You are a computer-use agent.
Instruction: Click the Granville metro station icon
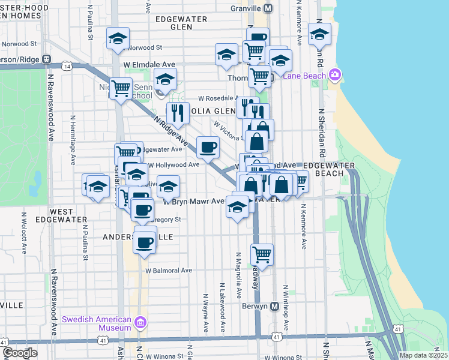click(268, 8)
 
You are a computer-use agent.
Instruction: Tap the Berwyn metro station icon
click(275, 306)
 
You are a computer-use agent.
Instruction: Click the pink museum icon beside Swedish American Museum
click(140, 323)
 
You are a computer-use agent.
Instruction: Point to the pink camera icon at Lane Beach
click(334, 75)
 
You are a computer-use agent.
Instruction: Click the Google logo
click(20, 353)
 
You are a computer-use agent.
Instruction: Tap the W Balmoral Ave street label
click(170, 271)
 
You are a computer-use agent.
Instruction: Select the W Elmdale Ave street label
click(149, 64)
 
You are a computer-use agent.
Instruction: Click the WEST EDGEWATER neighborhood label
click(62, 217)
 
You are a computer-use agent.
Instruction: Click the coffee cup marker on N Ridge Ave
click(208, 147)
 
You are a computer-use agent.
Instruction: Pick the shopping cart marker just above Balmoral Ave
click(262, 255)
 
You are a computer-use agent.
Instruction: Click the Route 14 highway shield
click(70, 67)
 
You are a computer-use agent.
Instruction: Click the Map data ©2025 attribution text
click(423, 355)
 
